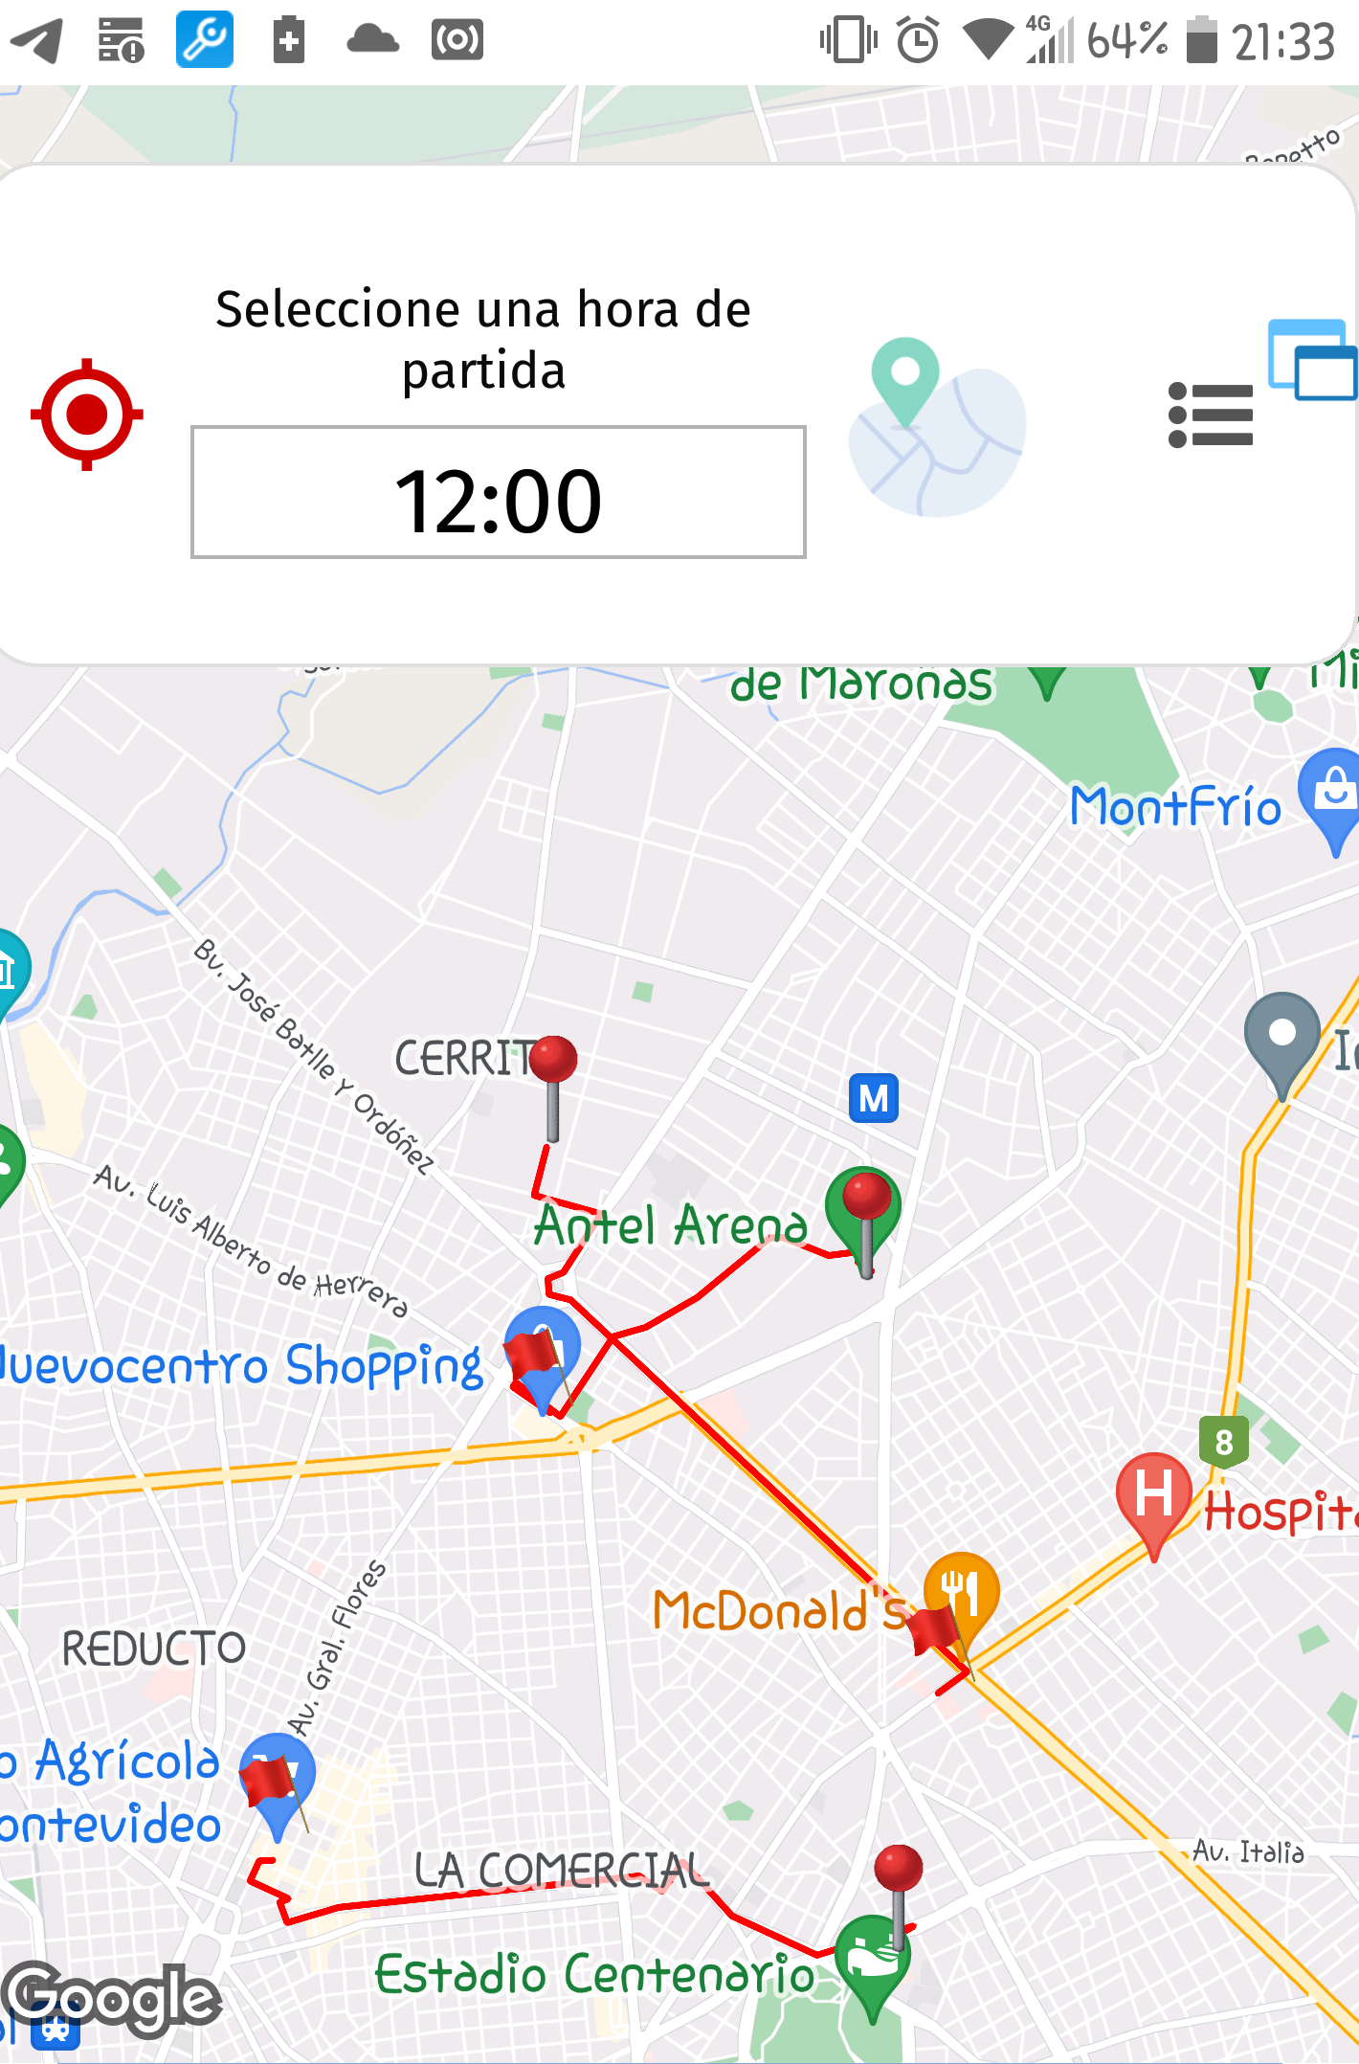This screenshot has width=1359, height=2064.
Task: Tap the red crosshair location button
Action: coord(87,415)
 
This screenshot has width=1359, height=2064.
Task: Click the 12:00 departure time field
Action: coord(498,493)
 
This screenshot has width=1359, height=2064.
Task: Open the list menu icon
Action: coord(1211,415)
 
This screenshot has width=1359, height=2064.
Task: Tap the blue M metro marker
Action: coord(874,1098)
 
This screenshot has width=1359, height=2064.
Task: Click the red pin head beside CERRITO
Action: coord(553,1060)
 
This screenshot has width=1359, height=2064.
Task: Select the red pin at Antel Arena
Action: coord(867,1197)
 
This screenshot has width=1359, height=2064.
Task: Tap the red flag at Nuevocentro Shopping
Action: coord(533,1355)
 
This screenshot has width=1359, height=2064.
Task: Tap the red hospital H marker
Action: coord(1154,1495)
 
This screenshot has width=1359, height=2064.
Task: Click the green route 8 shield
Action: coord(1223,1442)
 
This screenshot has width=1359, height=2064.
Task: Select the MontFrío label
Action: coord(1175,806)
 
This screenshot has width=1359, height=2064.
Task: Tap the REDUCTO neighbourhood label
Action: coord(154,1649)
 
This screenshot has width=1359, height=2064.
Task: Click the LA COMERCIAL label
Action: coord(562,1870)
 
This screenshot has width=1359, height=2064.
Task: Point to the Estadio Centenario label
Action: coord(593,1974)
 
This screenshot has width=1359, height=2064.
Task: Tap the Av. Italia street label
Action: coord(1248,1851)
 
